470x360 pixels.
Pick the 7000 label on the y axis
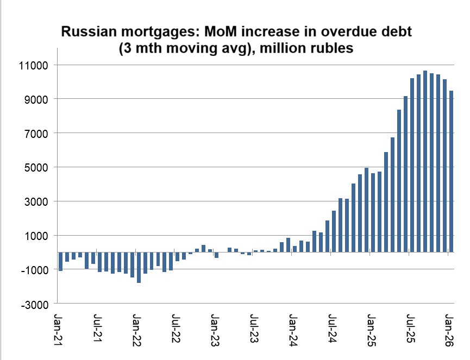39,134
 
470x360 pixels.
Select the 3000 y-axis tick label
39,201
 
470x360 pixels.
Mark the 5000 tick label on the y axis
39,167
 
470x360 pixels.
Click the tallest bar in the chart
425,161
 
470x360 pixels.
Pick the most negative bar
139,268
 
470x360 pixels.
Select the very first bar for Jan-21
60,262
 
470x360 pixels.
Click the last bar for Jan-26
451,172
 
